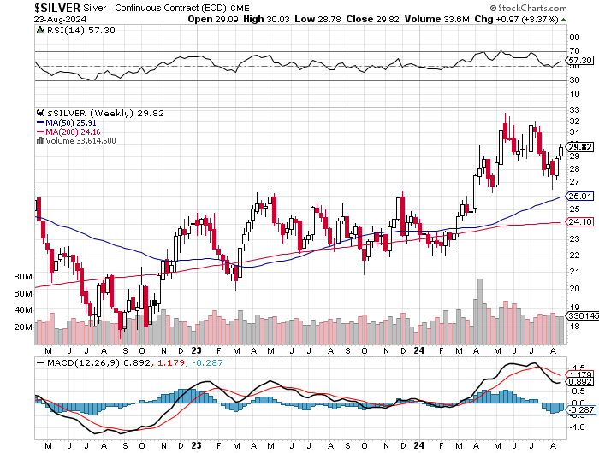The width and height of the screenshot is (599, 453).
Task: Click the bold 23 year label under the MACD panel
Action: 196,445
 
